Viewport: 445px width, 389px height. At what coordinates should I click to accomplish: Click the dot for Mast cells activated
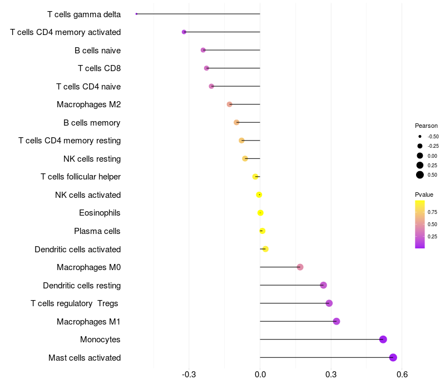pos(393,357)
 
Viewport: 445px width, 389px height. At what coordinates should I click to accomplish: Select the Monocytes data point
pos(383,340)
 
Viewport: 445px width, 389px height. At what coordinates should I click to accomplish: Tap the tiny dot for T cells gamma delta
pos(136,14)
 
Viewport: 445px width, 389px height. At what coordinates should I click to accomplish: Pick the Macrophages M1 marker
pos(336,321)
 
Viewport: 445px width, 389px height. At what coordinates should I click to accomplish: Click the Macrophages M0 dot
pos(300,267)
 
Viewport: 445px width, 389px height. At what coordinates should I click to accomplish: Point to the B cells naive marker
pos(203,50)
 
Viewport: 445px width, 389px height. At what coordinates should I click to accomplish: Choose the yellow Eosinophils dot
pos(260,213)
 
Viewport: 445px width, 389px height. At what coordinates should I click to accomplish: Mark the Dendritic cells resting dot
pos(323,285)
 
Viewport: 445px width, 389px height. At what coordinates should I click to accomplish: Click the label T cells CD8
pos(99,68)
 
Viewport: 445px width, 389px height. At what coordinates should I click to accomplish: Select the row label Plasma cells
pos(97,231)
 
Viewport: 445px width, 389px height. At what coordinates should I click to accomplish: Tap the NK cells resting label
pos(92,159)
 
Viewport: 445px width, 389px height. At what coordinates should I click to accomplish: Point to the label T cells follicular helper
pos(81,177)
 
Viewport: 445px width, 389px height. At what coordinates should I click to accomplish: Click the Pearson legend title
pos(426,126)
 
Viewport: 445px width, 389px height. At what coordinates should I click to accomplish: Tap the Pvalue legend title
pos(424,194)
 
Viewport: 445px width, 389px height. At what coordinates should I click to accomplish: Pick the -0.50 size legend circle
pos(420,136)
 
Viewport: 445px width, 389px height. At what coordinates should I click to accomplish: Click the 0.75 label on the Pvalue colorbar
pos(432,212)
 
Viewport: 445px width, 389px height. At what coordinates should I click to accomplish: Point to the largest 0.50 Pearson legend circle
pos(420,175)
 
